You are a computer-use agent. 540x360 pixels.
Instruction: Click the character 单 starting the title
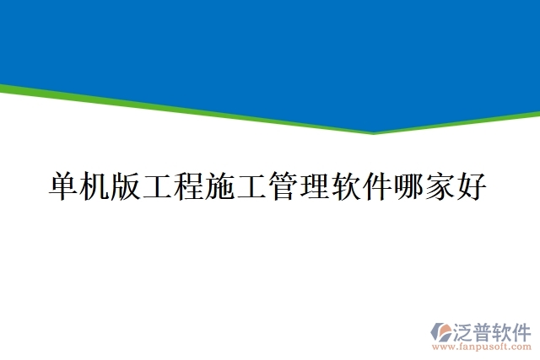pos(64,185)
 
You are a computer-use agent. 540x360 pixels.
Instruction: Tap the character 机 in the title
pos(96,185)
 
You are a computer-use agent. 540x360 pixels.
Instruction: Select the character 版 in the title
pos(127,185)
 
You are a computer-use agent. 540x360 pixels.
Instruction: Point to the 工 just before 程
pos(159,185)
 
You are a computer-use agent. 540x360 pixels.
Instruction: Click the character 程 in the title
pos(190,185)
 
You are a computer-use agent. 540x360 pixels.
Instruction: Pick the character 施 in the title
pos(221,185)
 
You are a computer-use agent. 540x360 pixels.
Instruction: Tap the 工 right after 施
pos(252,185)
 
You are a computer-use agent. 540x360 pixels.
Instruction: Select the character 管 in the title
pos(283,185)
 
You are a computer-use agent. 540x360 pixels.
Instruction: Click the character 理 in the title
pos(315,185)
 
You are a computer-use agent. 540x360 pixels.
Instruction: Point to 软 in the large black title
pos(346,185)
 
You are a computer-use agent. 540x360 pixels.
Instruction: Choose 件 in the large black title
pos(377,185)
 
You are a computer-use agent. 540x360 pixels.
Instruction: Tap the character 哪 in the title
pos(408,185)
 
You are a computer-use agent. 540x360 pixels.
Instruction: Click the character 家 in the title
pos(440,185)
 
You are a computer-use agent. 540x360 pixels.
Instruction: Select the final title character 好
pos(471,185)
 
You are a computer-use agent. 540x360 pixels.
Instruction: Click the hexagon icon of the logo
pos(441,330)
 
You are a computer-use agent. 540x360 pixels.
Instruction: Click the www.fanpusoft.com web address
pos(482,346)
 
